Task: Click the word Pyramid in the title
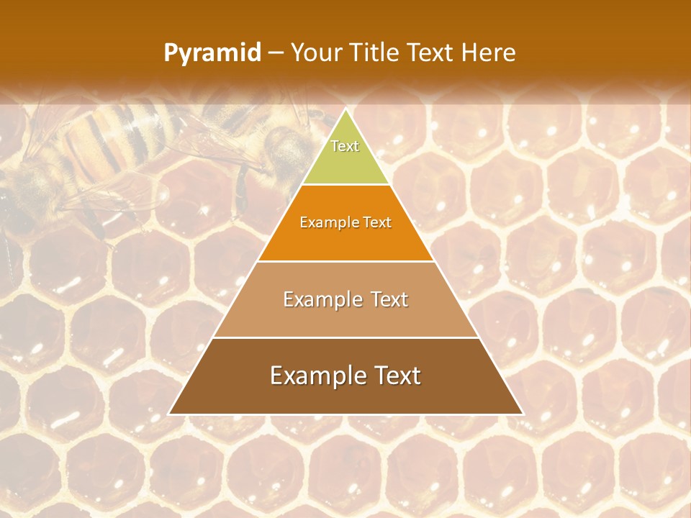point(212,53)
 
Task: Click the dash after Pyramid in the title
point(276,53)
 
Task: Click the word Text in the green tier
point(345,146)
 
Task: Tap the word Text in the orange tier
point(377,223)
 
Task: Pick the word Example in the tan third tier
point(321,299)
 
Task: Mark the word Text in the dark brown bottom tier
point(396,376)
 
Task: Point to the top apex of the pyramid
point(345,110)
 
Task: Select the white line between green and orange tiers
point(345,185)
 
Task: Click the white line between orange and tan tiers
point(345,261)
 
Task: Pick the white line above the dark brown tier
point(345,337)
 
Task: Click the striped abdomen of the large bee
point(108,137)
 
